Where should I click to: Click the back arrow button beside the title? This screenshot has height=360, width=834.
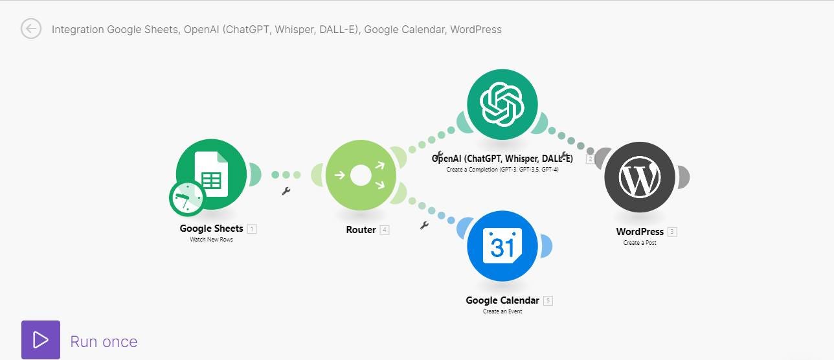tap(31, 29)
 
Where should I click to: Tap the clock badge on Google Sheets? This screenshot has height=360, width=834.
tap(187, 198)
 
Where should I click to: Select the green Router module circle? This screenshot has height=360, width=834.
tap(360, 175)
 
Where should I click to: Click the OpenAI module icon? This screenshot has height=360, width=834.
tap(502, 104)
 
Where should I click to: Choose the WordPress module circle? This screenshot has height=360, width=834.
tap(640, 177)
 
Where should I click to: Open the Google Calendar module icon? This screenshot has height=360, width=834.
tap(502, 246)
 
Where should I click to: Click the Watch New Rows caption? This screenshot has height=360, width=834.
tap(212, 240)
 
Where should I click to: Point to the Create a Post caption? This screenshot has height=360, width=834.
tap(640, 243)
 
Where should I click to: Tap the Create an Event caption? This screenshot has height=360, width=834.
tap(502, 311)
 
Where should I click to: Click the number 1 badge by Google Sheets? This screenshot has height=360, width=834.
tap(252, 229)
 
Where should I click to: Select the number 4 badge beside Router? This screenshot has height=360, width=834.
tap(385, 230)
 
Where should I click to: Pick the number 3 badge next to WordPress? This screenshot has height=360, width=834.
tap(673, 232)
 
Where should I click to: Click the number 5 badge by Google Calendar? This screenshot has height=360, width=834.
tap(548, 300)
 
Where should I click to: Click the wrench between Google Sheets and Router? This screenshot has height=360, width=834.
tap(286, 191)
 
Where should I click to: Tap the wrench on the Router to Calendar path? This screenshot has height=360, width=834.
tap(425, 225)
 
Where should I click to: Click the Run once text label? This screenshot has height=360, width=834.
tap(104, 341)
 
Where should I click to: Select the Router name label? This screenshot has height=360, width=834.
tap(361, 230)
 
